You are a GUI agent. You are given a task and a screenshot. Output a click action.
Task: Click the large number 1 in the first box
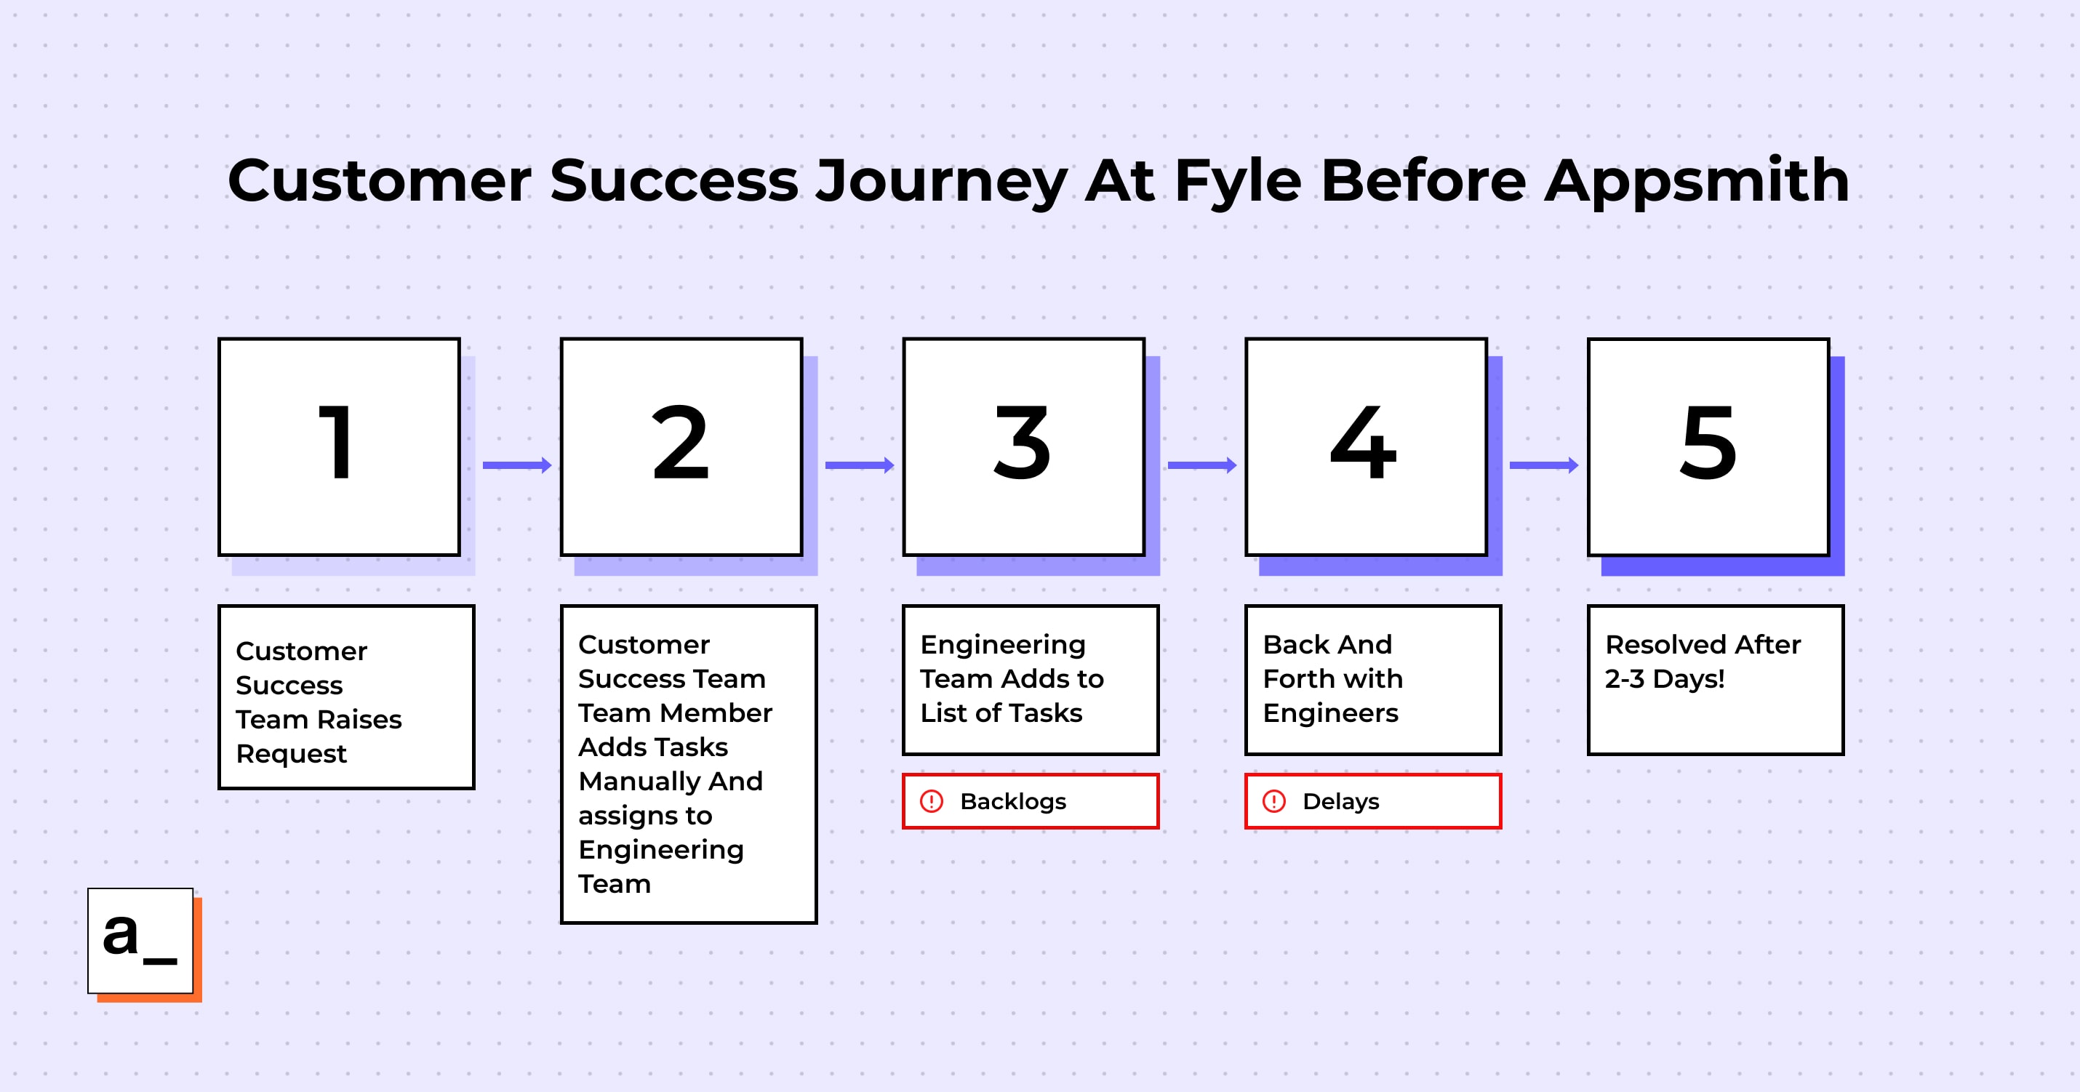click(337, 441)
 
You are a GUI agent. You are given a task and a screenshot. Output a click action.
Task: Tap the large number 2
click(680, 441)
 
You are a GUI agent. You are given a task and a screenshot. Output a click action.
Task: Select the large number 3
click(1023, 441)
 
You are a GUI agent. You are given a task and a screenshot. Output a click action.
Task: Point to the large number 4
click(1364, 441)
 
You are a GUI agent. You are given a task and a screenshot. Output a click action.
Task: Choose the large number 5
click(1708, 442)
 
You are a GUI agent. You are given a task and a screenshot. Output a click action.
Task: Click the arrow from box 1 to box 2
click(518, 465)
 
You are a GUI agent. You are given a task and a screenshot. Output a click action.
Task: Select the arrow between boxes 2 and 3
click(860, 465)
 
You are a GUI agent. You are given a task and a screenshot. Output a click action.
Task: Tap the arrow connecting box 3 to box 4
click(1202, 465)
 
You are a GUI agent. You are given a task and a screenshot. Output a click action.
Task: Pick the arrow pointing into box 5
click(1544, 465)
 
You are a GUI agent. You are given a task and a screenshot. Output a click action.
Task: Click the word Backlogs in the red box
click(1013, 801)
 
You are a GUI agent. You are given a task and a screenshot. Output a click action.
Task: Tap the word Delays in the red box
click(1341, 801)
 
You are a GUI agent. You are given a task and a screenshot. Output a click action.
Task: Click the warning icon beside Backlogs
click(932, 801)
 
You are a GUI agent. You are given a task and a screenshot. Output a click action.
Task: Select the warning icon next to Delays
click(1274, 801)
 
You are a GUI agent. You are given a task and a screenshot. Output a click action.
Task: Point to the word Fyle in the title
click(1238, 181)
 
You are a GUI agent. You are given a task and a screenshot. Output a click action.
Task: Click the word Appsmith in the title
click(1697, 181)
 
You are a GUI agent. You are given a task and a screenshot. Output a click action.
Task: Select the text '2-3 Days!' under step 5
click(1665, 679)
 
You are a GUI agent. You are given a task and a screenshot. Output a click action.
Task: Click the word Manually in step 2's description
click(638, 782)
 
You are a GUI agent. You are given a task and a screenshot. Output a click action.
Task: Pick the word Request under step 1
click(292, 754)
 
